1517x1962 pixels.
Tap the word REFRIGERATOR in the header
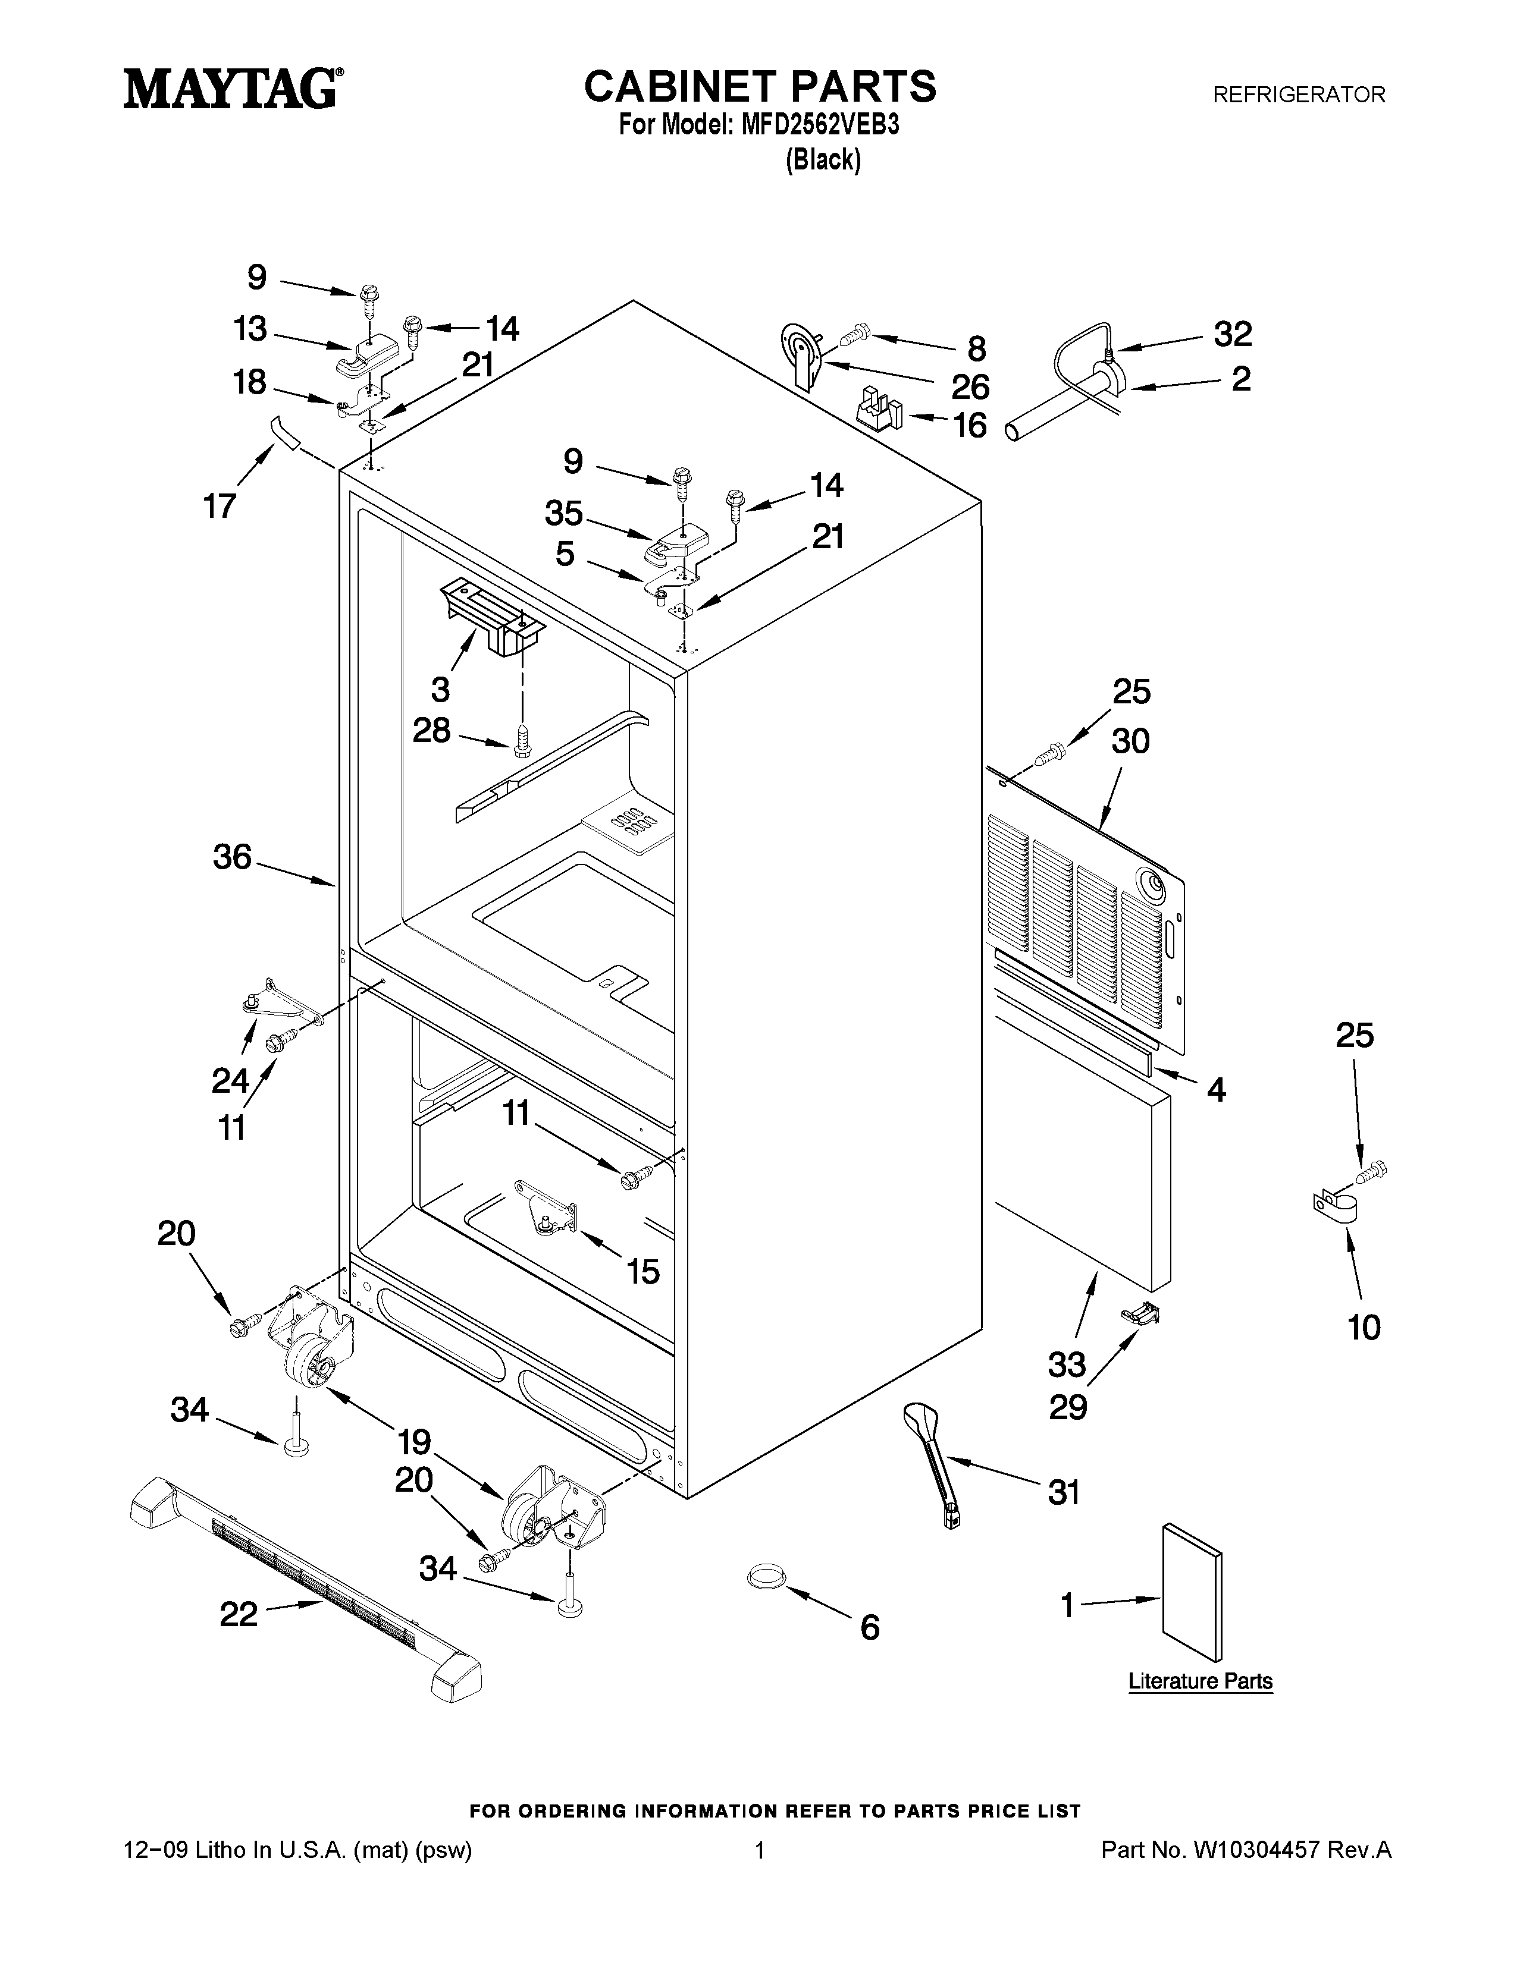(1299, 95)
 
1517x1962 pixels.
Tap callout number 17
(220, 506)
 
